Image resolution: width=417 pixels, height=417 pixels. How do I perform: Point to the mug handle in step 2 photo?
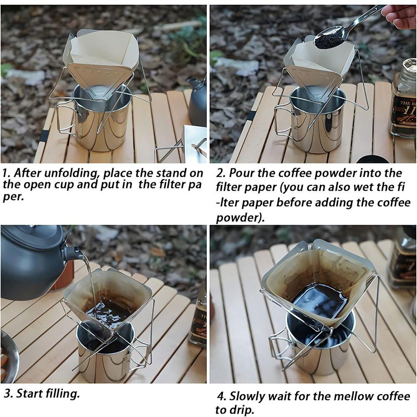pos(284,121)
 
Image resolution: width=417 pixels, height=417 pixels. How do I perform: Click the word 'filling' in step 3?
pos(63,393)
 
